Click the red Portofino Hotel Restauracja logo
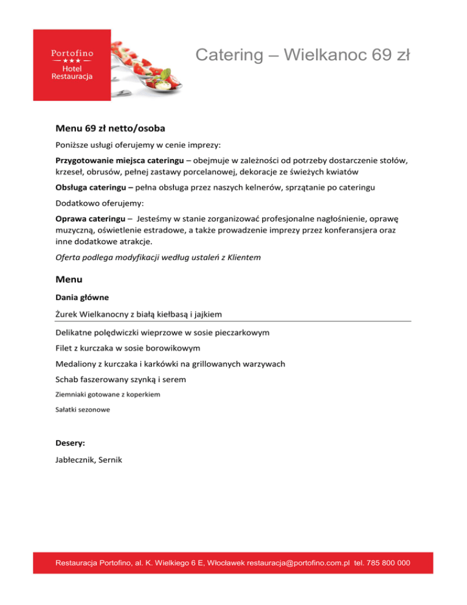[72, 65]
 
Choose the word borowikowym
[171, 348]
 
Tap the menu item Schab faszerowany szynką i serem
[120, 379]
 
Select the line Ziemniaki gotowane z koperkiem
[107, 394]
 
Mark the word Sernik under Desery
[108, 460]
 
